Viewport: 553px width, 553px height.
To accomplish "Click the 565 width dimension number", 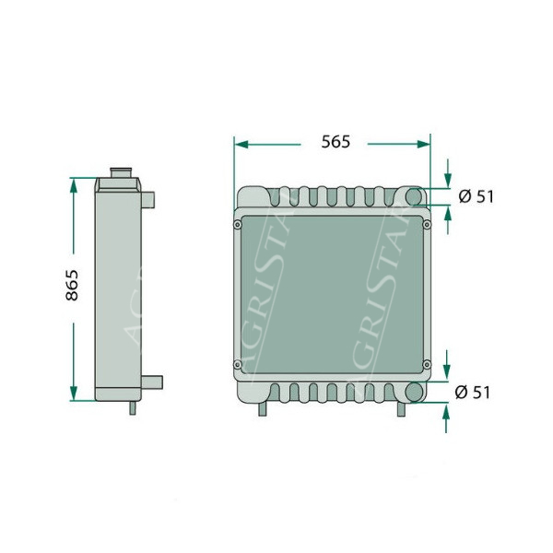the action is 335,142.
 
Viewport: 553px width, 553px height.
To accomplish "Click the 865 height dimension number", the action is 72,285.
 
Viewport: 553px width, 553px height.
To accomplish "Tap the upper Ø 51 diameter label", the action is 477,196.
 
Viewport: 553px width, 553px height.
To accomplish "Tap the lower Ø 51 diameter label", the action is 473,393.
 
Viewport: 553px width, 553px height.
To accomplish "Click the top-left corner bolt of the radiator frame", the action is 238,224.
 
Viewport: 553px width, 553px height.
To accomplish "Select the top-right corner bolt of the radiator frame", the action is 427,224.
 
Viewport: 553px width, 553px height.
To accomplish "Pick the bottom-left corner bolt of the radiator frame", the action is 238,364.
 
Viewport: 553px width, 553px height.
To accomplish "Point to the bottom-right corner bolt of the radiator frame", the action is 427,364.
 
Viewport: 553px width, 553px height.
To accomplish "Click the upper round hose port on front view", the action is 414,196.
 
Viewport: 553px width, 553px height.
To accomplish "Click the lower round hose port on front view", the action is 414,393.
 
